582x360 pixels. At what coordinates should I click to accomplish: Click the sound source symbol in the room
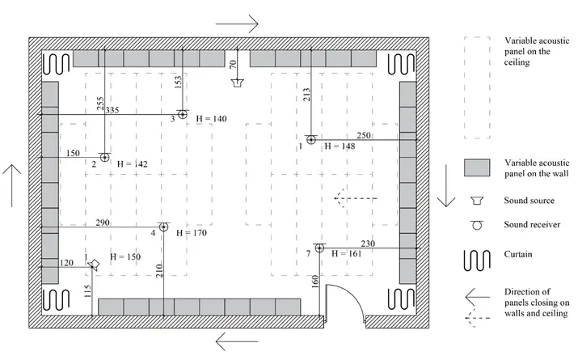237,83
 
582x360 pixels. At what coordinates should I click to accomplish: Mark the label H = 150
123,257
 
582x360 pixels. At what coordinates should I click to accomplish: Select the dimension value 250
363,135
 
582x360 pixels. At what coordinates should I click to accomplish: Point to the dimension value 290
102,222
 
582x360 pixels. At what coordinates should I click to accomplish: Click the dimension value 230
368,244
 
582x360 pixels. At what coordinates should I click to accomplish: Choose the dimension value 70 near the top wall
232,64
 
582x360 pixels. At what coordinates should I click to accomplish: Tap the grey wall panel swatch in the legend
479,167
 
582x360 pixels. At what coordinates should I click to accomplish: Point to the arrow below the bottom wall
237,344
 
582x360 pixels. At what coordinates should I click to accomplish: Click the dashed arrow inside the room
356,197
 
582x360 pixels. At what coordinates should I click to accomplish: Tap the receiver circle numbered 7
320,248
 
